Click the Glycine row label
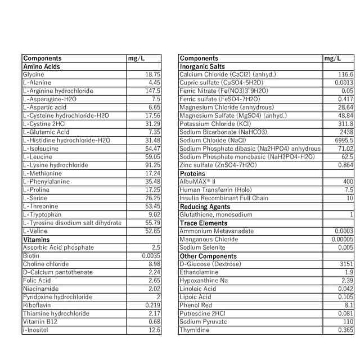33,74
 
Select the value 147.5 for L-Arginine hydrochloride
152,91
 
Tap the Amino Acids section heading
41,66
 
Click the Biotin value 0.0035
150,255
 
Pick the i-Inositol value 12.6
154,330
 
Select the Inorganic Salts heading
202,66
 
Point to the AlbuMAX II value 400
348,182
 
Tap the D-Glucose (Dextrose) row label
210,264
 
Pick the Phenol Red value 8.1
349,305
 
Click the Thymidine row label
194,330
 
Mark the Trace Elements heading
204,223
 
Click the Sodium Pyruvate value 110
348,321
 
